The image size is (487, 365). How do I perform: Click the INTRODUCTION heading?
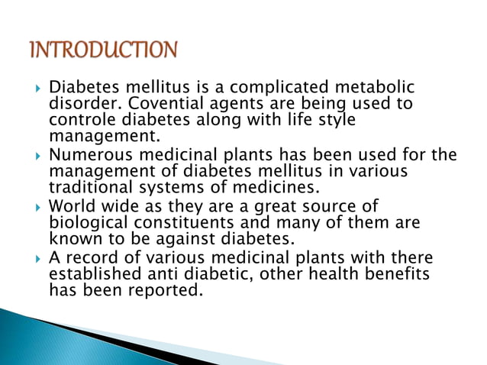[103, 50]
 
